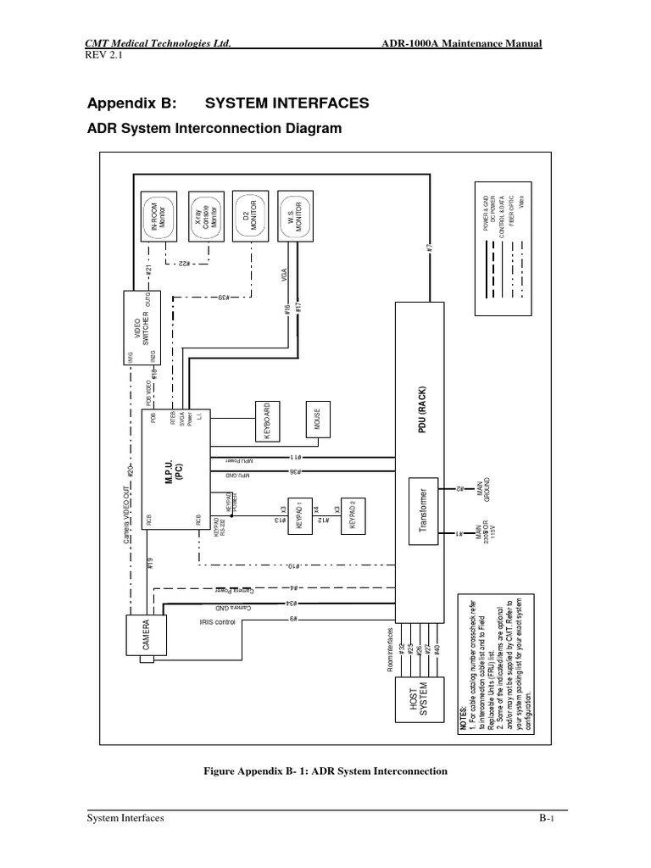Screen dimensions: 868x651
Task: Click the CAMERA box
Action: [146, 636]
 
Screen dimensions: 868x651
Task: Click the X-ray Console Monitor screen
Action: [208, 215]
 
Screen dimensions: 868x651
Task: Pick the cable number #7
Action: [431, 248]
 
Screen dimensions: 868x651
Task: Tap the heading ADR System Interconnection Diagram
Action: [214, 129]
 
